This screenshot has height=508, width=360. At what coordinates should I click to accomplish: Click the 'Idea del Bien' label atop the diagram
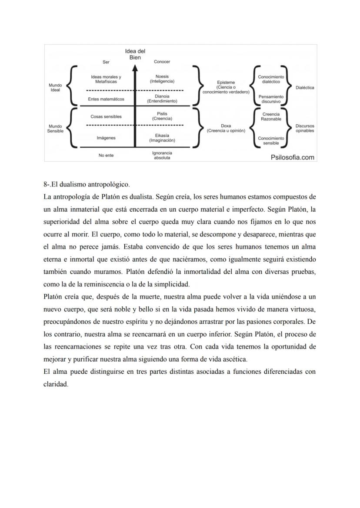tap(135, 54)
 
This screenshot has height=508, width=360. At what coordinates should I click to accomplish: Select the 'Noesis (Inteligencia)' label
tap(162, 79)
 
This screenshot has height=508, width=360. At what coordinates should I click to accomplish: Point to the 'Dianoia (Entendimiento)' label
tap(162, 98)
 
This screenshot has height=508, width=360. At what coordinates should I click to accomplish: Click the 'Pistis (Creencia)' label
tap(162, 116)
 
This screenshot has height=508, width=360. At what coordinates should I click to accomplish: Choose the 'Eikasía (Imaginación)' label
tap(162, 138)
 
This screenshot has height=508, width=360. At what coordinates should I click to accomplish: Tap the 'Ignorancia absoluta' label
tap(162, 155)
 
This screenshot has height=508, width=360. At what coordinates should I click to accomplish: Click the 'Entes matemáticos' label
tap(106, 99)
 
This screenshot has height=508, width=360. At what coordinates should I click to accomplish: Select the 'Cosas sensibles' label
tap(106, 116)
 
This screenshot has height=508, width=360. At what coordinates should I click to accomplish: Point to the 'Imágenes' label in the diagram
tap(106, 138)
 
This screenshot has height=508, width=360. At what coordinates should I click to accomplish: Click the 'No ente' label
tap(106, 155)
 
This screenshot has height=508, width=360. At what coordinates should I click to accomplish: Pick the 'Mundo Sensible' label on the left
tap(55, 128)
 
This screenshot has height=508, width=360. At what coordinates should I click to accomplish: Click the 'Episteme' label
tap(226, 82)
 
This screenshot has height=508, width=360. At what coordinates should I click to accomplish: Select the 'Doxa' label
tap(226, 126)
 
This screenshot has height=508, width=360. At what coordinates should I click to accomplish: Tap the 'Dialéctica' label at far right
tap(305, 87)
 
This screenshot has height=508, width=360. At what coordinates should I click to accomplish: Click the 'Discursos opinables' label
tap(305, 128)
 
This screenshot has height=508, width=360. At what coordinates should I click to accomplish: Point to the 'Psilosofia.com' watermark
tap(292, 157)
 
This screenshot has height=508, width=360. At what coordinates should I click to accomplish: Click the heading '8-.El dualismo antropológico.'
tap(87, 184)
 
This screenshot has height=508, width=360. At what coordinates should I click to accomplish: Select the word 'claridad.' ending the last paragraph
tap(56, 384)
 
